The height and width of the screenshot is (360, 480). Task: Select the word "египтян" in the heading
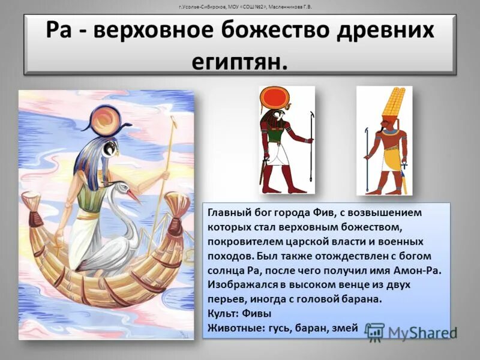point(238,60)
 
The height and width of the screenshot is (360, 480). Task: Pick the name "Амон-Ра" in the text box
point(419,271)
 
